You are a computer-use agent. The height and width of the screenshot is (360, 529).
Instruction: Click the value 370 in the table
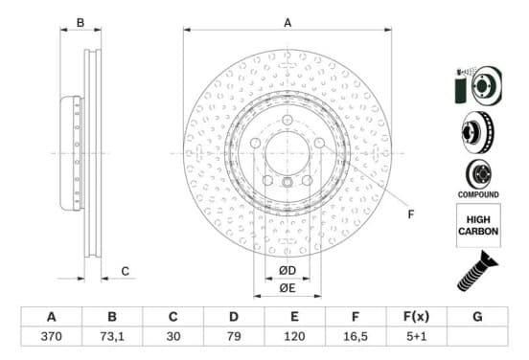click(52, 336)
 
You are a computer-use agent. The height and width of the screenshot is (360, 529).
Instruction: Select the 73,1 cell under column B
click(112, 336)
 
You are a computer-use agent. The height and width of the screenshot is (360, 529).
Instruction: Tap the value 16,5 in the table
click(356, 336)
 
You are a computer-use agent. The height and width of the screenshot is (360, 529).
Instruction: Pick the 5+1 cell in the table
click(416, 336)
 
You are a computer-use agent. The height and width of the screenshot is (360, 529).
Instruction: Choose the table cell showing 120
click(294, 336)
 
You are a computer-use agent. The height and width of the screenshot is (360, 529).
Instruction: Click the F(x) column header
click(416, 317)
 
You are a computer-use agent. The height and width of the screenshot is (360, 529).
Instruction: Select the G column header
click(477, 317)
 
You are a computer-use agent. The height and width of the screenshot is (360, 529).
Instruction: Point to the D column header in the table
click(234, 317)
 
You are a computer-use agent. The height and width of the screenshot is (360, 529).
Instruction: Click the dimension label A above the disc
click(287, 23)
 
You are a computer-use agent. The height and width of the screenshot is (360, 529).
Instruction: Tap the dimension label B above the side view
click(80, 23)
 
